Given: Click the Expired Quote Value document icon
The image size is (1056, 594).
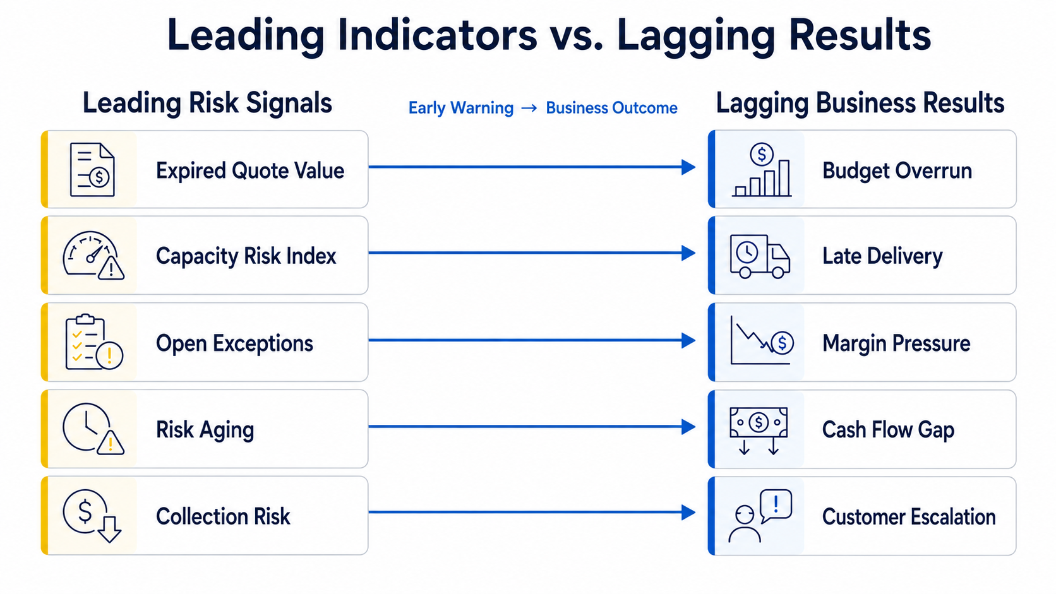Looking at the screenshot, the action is [92, 170].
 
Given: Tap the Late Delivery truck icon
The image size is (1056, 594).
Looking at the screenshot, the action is [759, 256].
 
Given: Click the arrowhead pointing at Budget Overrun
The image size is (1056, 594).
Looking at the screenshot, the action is [688, 167].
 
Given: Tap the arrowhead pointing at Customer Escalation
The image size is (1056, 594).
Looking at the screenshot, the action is [688, 512].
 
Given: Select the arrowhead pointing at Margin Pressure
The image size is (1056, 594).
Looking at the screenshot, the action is [688, 340].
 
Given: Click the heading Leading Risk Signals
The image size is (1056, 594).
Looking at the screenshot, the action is [207, 103].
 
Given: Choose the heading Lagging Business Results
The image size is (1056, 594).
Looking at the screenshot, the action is [860, 103].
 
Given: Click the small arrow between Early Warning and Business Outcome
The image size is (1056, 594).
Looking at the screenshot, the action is [529, 109].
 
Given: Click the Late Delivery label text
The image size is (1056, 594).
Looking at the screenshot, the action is [882, 256].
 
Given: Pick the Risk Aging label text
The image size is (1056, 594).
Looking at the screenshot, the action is [205, 430].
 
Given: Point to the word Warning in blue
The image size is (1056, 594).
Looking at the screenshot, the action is [481, 109].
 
